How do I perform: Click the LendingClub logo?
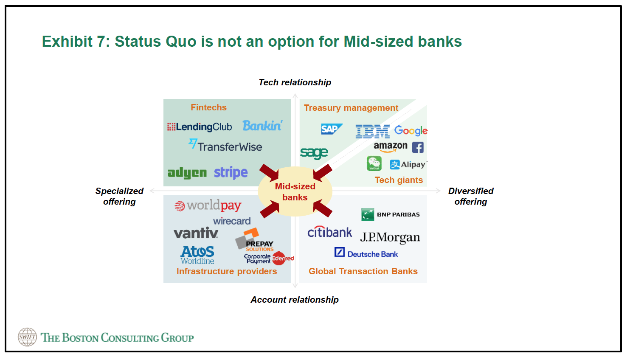200,127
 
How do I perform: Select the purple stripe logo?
231,172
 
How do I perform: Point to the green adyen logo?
187,173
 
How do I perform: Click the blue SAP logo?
331,129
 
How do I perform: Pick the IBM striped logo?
372,132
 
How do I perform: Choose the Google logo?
411,131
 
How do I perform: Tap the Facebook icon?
418,147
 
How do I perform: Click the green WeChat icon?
374,163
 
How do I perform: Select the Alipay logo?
408,164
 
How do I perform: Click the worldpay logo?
208,206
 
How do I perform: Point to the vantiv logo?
196,233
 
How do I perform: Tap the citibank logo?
329,232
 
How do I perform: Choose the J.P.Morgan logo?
390,237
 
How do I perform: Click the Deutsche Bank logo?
366,253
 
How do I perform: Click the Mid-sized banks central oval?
295,191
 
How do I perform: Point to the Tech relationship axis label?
295,82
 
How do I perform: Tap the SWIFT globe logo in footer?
27,337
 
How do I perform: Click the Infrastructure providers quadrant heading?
227,271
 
